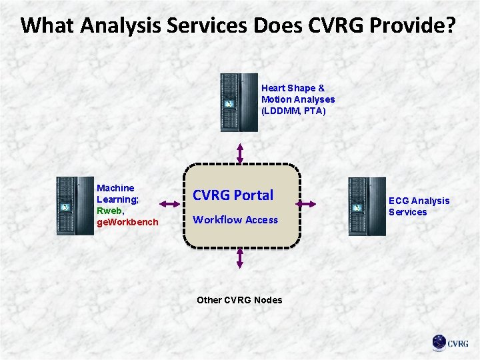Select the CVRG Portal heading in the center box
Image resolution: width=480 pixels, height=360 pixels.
pyautogui.click(x=233, y=195)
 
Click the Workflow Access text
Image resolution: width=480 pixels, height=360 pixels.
pyautogui.click(x=235, y=219)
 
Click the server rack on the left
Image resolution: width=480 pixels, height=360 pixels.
pyautogui.click(x=75, y=206)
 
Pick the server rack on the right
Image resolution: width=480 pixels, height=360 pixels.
pyautogui.click(x=367, y=206)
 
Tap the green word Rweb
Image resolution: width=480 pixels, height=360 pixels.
pyautogui.click(x=109, y=210)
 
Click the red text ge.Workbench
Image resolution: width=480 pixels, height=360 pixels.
pyautogui.click(x=128, y=221)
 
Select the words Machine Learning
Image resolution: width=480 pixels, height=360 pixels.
pyautogui.click(x=116, y=193)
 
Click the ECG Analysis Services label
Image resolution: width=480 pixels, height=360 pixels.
pyautogui.click(x=419, y=206)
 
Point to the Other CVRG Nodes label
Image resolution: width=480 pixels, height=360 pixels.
pyautogui.click(x=239, y=300)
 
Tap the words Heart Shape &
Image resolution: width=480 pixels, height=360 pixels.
pyautogui.click(x=293, y=88)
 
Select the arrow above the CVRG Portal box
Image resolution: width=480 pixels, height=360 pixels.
pyautogui.click(x=239, y=151)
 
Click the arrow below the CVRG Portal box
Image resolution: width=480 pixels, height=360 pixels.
pyautogui.click(x=239, y=259)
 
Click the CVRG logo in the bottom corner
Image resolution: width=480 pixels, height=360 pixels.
pyautogui.click(x=449, y=343)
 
